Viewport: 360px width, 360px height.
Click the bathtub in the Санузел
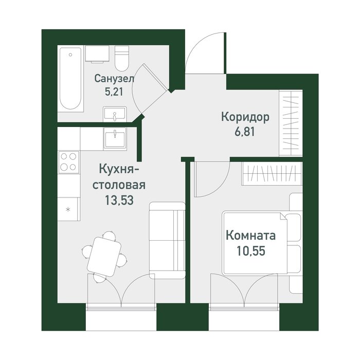pyautogui.click(x=70, y=78)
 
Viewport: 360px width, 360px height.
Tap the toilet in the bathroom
pyautogui.click(x=122, y=59)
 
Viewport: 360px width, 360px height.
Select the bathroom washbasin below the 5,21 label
pyautogui.click(x=115, y=114)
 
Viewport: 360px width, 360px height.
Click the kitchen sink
pyautogui.click(x=115, y=139)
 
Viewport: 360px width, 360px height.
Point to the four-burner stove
pyautogui.click(x=68, y=163)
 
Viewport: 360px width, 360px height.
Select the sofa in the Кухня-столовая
pyautogui.click(x=167, y=240)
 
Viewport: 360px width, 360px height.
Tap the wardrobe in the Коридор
pyautogui.click(x=291, y=123)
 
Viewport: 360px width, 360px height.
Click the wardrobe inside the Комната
pyautogui.click(x=272, y=173)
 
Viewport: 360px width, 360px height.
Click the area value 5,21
pyautogui.click(x=114, y=92)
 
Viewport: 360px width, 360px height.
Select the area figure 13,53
pyautogui.click(x=119, y=200)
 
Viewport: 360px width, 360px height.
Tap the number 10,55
pyautogui.click(x=251, y=251)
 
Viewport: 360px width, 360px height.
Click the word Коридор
pyautogui.click(x=245, y=117)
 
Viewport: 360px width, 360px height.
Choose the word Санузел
pyautogui.click(x=114, y=79)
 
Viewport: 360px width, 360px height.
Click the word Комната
pyautogui.click(x=251, y=236)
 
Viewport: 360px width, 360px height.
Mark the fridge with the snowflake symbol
pyautogui.click(x=68, y=209)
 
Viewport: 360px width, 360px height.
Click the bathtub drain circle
pyautogui.click(x=70, y=55)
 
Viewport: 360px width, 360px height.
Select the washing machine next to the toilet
pyautogui.click(x=97, y=54)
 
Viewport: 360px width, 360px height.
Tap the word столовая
pyautogui.click(x=119, y=185)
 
